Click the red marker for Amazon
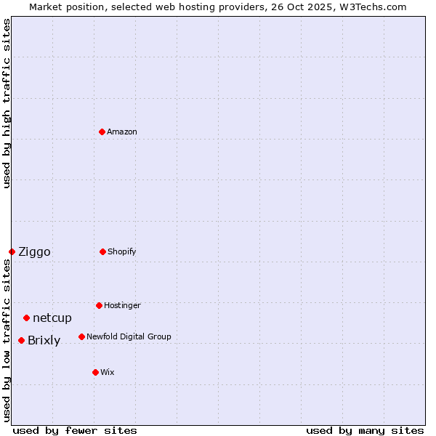point(102,132)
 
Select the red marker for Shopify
point(103,251)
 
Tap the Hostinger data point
point(100,305)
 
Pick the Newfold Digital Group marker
point(82,336)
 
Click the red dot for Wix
point(96,372)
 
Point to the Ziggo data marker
point(12,251)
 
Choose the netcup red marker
point(27,318)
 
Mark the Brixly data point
point(22,340)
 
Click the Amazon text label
point(122,132)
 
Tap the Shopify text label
point(122,251)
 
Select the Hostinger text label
point(122,305)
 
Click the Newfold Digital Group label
point(129,336)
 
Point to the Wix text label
point(108,372)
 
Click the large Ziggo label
point(34,252)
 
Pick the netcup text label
point(52,318)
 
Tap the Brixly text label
point(44,341)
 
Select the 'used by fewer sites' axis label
point(75,430)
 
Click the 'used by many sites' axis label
point(365,430)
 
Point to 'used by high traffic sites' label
point(7,103)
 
